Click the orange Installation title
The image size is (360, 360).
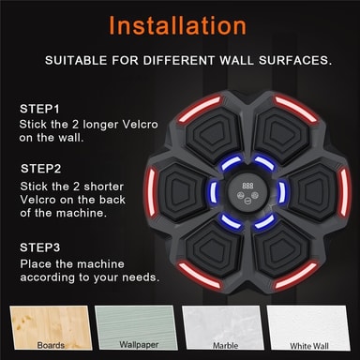click(177, 25)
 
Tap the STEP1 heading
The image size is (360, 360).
click(39, 109)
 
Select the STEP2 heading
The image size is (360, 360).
click(41, 169)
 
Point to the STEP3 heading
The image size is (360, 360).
click(40, 247)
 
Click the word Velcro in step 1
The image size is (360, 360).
click(140, 125)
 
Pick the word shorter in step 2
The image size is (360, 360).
click(104, 187)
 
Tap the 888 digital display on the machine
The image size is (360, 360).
click(247, 186)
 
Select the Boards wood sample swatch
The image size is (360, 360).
click(51, 328)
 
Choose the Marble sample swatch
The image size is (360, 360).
click(223, 328)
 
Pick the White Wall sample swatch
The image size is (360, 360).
click(308, 328)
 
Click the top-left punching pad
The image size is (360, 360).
click(215, 133)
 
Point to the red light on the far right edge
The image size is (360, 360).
click(344, 191)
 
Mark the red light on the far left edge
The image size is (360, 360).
click(151, 191)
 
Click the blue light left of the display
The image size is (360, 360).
click(214, 191)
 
